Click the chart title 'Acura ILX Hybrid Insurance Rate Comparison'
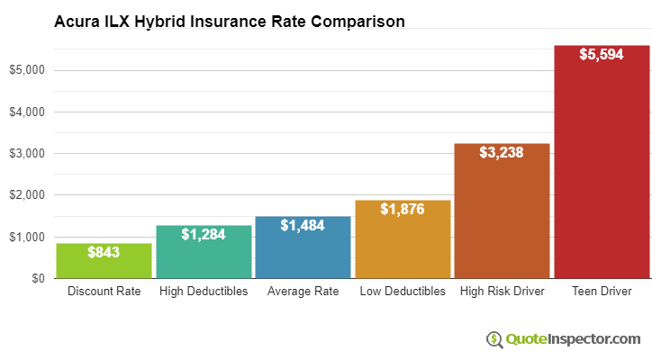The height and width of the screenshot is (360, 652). point(229,20)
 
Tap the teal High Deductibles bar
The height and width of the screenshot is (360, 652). point(204,259)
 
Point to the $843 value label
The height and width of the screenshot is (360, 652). point(104,253)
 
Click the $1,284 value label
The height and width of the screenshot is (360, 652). point(204,235)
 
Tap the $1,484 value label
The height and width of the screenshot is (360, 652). point(303,226)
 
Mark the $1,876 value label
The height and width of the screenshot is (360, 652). point(403,210)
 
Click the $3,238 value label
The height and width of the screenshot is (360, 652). point(502,153)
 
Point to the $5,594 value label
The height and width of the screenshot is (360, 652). point(602,55)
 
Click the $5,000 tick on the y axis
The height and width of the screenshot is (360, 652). point(26,70)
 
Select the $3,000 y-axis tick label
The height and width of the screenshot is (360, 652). point(26,154)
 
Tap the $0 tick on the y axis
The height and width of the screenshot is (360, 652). point(35,279)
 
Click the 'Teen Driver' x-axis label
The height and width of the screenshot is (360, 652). point(602,292)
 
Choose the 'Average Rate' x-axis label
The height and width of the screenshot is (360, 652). point(303,292)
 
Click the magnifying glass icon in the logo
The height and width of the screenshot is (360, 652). point(494,339)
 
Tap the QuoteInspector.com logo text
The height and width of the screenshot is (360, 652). point(573,339)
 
